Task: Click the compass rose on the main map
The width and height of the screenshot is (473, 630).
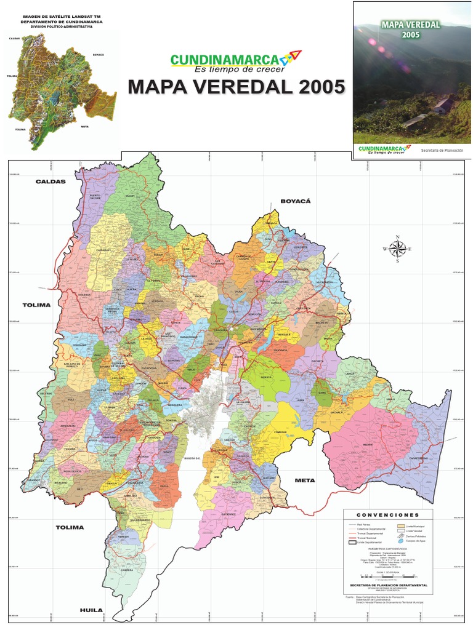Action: [397, 249]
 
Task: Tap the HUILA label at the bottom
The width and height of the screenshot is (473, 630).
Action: [90, 610]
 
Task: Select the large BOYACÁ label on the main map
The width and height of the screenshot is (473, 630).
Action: [296, 201]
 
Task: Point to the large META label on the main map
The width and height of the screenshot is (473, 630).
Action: [304, 480]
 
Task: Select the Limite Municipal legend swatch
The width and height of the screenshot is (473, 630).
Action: [401, 526]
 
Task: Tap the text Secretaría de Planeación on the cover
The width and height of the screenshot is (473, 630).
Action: [441, 150]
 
